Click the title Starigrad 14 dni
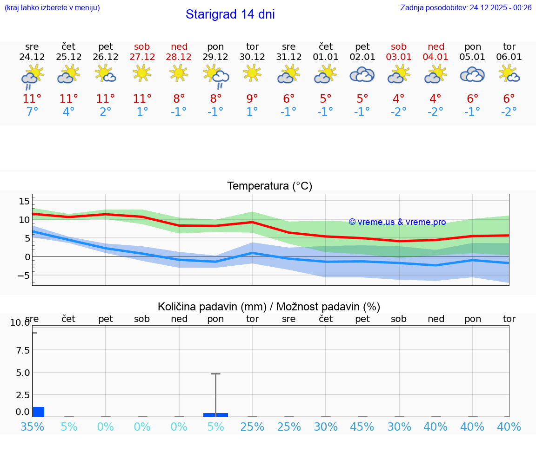pos(230,14)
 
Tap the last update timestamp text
pos(466,7)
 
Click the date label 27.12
pos(142,57)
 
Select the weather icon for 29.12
pos(216,75)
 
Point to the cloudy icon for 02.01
pos(362,74)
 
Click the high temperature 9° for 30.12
pos(252,98)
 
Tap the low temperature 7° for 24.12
pos(32,112)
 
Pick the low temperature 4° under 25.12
pos(69,112)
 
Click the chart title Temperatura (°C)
pos(269,186)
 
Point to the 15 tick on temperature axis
pos(24,201)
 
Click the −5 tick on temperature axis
pos(23,276)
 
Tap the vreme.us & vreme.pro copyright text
pos(397,222)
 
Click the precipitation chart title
pos(269,307)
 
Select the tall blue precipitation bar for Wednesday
pos(38,412)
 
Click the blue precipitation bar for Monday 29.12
pos(215,414)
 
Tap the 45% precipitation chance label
pos(362,427)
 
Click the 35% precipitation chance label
pos(32,427)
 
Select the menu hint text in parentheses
pos(52,7)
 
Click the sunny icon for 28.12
pos(179,73)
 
